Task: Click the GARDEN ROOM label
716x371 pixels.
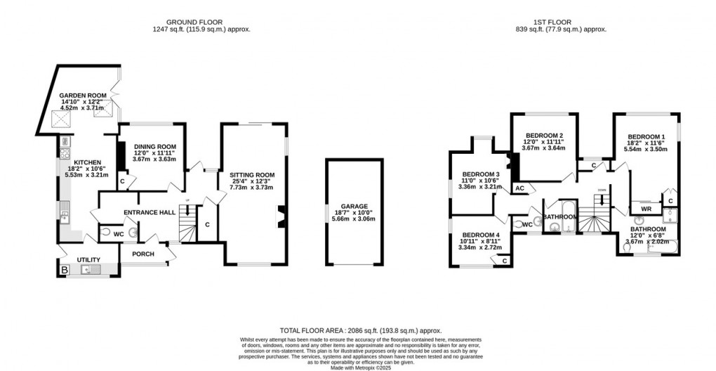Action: [x=81, y=95]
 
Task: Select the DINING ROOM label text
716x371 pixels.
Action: [x=150, y=146]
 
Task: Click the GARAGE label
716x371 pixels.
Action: [x=354, y=207]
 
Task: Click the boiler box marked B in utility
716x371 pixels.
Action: [x=65, y=270]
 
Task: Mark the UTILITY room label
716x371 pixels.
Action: [x=89, y=259]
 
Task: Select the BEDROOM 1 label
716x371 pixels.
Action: [x=647, y=137]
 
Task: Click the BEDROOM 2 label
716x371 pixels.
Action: [x=544, y=136]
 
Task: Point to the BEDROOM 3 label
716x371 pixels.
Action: [x=481, y=174]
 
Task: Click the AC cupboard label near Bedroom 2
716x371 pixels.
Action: [x=520, y=188]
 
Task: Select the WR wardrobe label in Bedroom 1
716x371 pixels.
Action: [x=646, y=209]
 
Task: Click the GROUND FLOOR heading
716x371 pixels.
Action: [x=201, y=21]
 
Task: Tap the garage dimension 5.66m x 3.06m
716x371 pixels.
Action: [x=354, y=219]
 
